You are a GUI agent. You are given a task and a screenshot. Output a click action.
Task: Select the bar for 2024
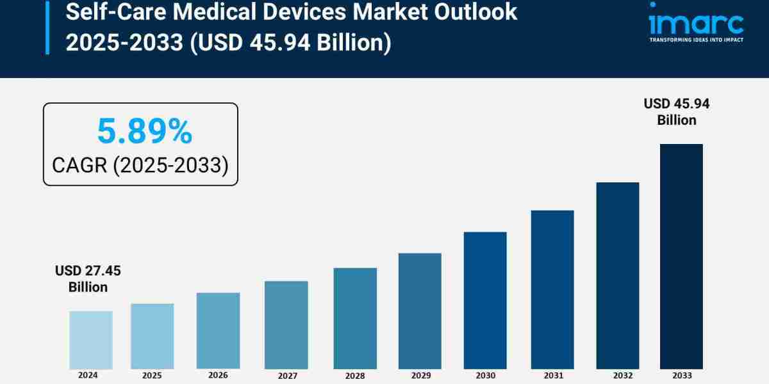click(91, 340)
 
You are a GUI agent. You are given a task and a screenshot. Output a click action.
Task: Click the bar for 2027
click(286, 324)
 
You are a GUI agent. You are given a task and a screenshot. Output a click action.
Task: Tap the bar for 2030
click(485, 300)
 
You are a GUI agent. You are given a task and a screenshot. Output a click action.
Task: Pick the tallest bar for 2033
click(681, 256)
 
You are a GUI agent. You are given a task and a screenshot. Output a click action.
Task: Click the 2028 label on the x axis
click(354, 375)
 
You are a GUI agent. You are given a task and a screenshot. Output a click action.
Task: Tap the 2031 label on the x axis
click(552, 374)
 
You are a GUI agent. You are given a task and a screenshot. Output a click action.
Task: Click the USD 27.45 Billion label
click(88, 279)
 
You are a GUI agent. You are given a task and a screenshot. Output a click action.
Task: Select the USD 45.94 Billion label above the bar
click(677, 111)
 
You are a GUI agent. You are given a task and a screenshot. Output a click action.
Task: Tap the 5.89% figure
click(144, 132)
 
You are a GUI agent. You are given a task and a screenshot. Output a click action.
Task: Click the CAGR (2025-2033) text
click(140, 165)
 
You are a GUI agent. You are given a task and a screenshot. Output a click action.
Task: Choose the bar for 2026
click(218, 331)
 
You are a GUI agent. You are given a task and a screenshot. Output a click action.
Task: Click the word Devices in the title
click(292, 13)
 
